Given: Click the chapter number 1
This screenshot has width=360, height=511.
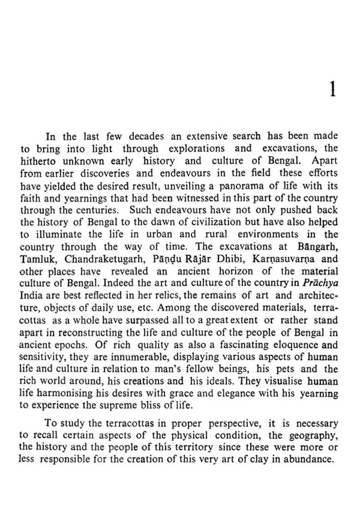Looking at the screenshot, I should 332,89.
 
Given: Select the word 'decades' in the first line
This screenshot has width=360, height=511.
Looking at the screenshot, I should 145,136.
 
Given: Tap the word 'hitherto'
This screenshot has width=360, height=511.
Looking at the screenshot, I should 39,161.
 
